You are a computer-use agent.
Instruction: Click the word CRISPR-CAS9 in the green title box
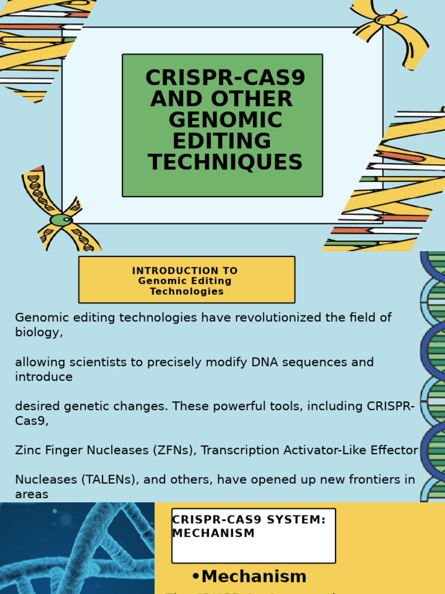point(225,78)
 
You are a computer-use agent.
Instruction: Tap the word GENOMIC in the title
point(225,120)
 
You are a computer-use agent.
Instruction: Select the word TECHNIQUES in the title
point(225,162)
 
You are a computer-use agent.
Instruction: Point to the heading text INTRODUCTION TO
point(185,271)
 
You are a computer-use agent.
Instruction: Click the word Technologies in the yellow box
point(187,291)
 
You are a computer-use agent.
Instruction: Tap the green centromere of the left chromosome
point(60,220)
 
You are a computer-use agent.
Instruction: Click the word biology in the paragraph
point(37,332)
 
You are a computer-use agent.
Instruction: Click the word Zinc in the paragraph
point(27,450)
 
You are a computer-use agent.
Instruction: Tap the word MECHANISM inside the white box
point(213,533)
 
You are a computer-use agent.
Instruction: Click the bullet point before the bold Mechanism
point(195,576)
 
